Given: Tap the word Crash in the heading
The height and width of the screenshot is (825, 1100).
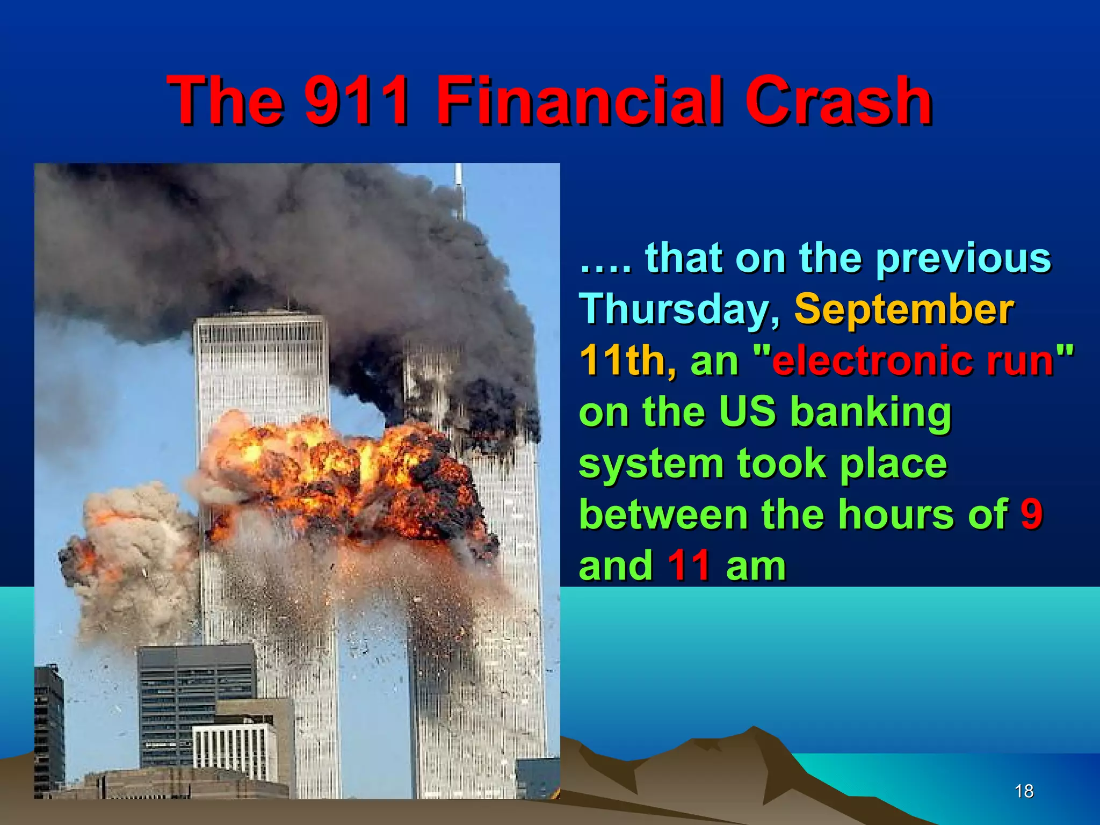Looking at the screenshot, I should [x=838, y=100].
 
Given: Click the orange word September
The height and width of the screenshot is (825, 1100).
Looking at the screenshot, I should [x=903, y=310].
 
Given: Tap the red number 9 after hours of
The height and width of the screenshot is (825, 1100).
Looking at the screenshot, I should [x=1031, y=514].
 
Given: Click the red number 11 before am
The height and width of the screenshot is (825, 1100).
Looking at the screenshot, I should [x=689, y=566].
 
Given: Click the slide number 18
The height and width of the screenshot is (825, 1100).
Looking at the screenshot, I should [x=1024, y=791].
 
